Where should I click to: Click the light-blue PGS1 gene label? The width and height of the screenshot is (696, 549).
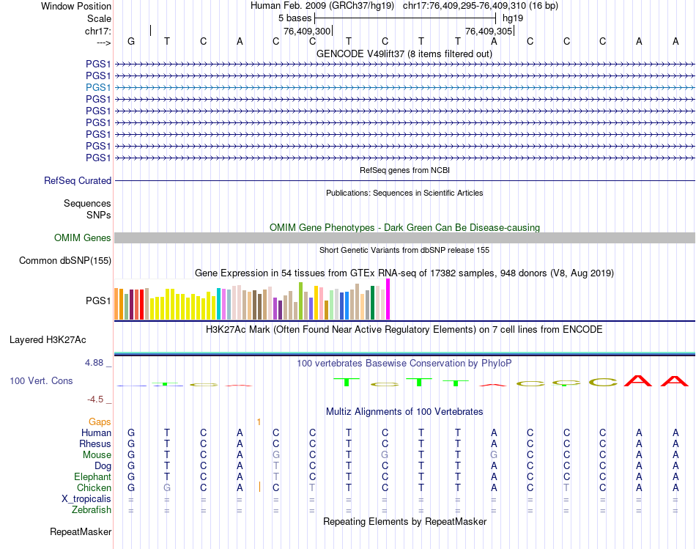tap(98, 87)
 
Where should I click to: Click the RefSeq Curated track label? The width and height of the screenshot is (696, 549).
tap(78, 180)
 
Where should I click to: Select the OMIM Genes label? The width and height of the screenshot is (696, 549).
tap(83, 237)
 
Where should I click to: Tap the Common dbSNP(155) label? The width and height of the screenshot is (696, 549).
tap(65, 260)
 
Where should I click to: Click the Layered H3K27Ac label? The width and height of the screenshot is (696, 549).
tap(48, 339)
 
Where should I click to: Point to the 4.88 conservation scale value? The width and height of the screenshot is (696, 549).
tap(99, 363)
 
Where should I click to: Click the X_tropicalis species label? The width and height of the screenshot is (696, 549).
tap(86, 498)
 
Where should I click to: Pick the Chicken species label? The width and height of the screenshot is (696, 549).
tap(94, 487)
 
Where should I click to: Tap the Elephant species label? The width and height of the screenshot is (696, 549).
tap(92, 476)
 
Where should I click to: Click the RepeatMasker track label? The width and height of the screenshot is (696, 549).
tap(81, 531)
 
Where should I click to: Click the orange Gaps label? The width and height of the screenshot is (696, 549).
tap(100, 421)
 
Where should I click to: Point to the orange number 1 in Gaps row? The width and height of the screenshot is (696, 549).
tap(259, 421)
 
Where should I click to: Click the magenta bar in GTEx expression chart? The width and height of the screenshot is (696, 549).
tap(388, 299)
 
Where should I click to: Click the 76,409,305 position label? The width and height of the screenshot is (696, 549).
tap(489, 31)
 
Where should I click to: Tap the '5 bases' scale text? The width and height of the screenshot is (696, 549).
tap(295, 18)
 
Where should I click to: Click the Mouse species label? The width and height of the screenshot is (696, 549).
tap(97, 454)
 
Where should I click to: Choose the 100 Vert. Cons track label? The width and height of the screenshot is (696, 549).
tap(41, 381)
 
